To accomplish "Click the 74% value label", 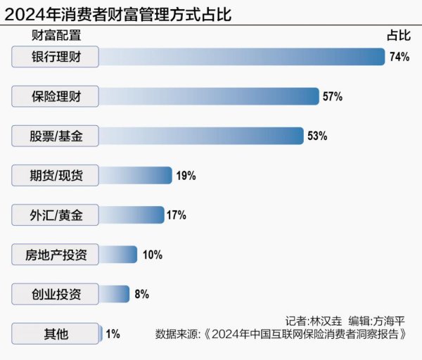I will pyautogui.click(x=399, y=57).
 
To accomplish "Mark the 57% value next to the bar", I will pyautogui.click(x=332, y=96).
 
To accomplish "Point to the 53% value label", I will pyautogui.click(x=317, y=136).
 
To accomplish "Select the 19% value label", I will pyautogui.click(x=186, y=176).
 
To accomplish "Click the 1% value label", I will pyautogui.click(x=113, y=333).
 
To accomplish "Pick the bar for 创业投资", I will pyautogui.click(x=115, y=294).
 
